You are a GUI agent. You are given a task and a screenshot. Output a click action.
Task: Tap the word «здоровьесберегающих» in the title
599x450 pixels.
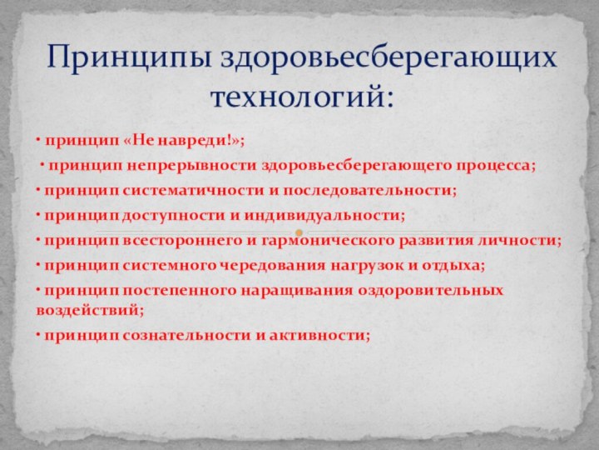(388, 57)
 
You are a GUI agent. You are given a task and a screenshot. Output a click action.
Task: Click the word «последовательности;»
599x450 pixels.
(370, 190)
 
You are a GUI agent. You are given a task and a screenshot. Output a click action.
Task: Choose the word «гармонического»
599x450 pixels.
(320, 241)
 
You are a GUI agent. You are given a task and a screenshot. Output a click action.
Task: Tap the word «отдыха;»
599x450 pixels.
(454, 266)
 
